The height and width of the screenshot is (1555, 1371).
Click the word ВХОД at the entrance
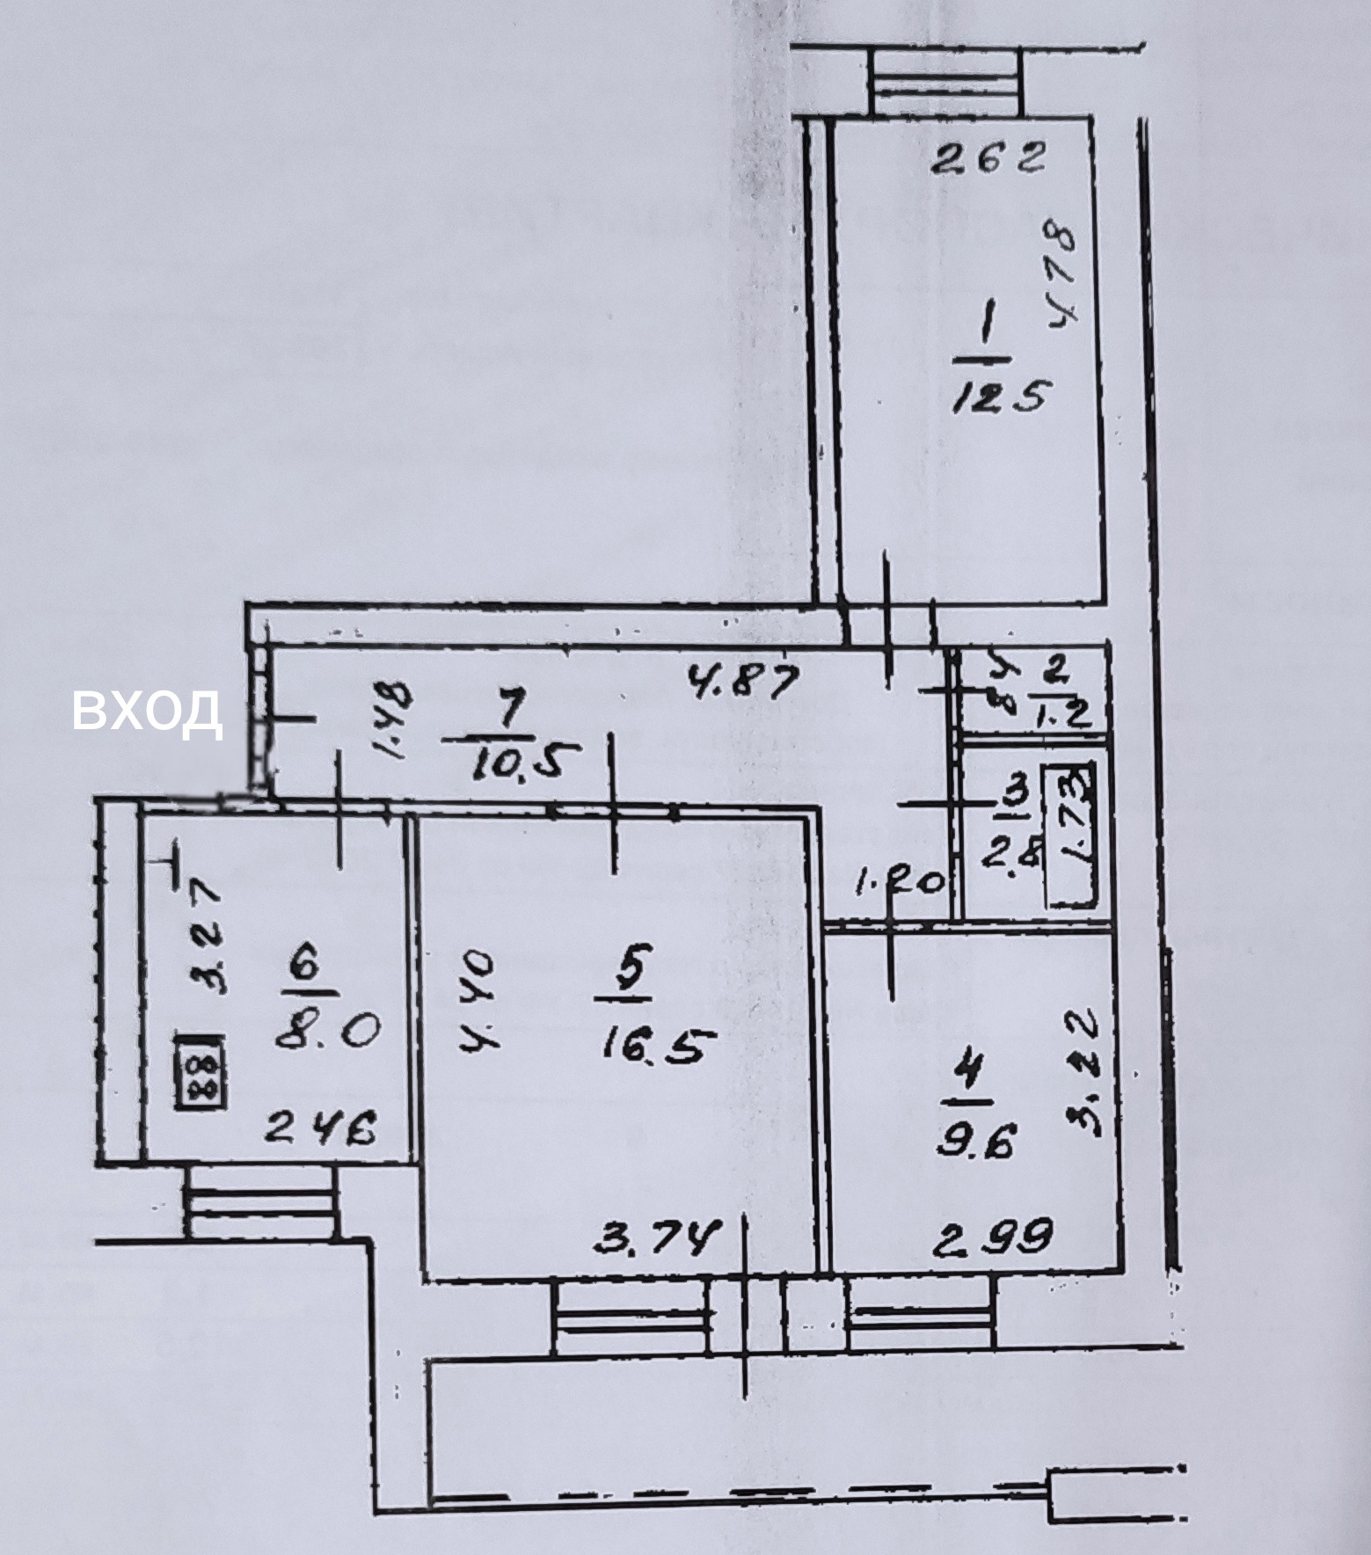146,710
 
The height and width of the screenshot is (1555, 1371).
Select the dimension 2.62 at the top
988,160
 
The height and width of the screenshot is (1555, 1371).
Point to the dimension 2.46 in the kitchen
320,1128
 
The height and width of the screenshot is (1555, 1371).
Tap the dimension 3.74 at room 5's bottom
658,1239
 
